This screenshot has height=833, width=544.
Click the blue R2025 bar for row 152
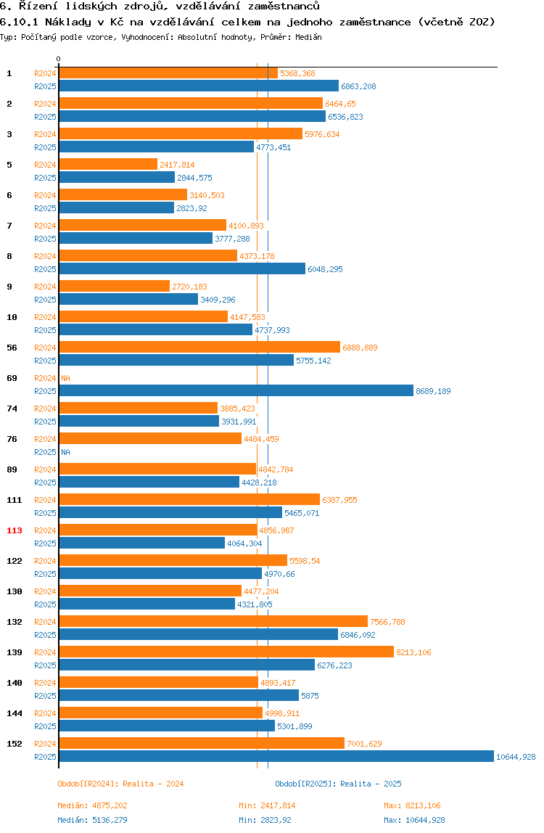click(276, 756)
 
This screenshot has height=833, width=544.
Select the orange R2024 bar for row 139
click(226, 652)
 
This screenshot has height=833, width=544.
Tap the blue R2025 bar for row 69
click(236, 390)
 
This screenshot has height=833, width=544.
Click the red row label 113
click(15, 530)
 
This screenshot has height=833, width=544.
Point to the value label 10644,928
click(516, 757)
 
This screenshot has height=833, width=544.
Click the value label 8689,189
click(433, 391)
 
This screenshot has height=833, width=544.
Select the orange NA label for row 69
click(65, 378)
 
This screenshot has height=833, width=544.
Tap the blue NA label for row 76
click(65, 452)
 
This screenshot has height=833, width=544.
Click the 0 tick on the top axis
click(59, 59)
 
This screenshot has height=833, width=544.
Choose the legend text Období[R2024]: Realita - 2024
click(120, 784)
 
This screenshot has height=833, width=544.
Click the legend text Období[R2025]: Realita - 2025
click(338, 784)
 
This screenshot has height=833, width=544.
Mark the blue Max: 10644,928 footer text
click(414, 820)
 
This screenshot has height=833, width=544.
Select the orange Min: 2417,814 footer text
click(267, 805)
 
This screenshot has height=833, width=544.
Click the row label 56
click(12, 348)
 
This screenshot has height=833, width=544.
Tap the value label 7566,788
click(387, 622)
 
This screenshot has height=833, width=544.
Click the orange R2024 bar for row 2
click(190, 103)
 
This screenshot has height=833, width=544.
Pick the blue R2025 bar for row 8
click(181, 268)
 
